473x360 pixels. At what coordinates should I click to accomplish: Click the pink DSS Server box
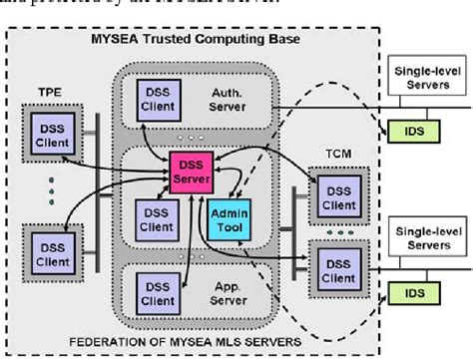click(x=191, y=170)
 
